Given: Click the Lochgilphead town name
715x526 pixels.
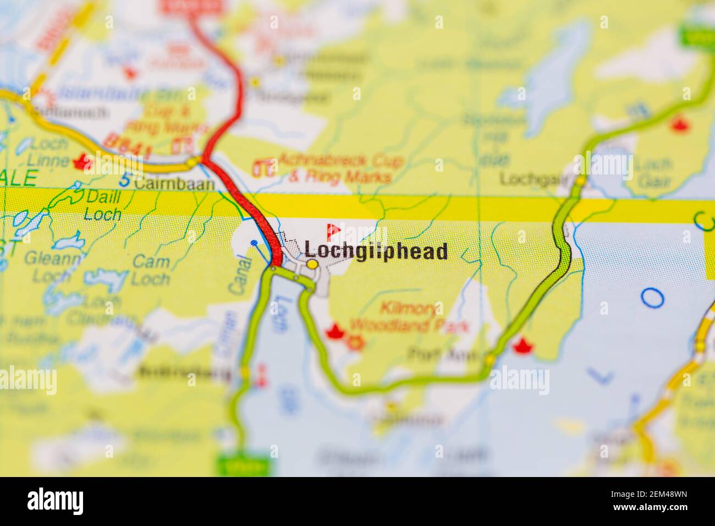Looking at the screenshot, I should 376,252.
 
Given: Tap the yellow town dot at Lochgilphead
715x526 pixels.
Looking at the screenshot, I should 312,265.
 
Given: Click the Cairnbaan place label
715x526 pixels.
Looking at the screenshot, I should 174,184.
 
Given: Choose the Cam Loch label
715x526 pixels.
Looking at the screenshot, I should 151,270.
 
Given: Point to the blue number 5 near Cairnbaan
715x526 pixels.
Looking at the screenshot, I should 126,180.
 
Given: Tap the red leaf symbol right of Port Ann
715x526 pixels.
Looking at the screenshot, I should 520,346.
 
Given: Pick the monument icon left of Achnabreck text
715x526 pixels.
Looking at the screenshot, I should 265,167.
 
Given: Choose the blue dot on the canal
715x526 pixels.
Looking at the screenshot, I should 254,242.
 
